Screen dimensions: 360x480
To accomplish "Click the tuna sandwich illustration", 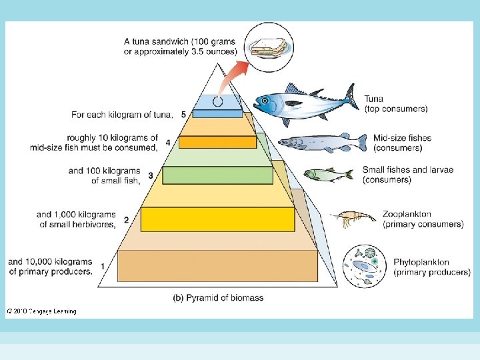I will click(x=269, y=47).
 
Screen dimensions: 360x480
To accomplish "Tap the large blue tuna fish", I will click(x=303, y=104).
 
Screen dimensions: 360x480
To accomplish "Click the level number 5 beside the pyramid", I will click(x=183, y=115).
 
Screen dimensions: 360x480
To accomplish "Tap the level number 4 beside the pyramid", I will click(x=168, y=142).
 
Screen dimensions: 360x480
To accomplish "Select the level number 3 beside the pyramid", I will click(x=151, y=175).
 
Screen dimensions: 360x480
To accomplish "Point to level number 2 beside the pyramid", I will click(x=125, y=219).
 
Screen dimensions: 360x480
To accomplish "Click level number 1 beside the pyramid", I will click(x=102, y=266).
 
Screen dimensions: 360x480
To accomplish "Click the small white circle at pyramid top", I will click(x=217, y=103).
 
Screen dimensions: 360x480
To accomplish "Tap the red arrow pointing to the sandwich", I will click(x=231, y=77).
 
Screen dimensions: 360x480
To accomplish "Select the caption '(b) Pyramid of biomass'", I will click(x=217, y=297).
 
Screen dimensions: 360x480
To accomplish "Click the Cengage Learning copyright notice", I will click(x=42, y=311).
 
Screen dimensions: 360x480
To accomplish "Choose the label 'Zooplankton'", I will click(x=407, y=215).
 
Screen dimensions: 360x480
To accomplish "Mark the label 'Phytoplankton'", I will click(x=421, y=263).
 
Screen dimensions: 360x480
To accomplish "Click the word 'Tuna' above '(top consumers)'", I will click(x=374, y=99).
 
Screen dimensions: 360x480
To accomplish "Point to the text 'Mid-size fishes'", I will click(x=402, y=138).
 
